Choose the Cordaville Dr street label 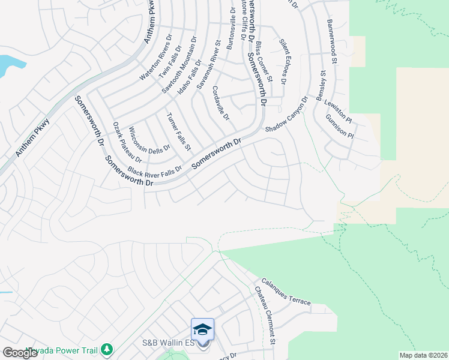(x=221, y=103)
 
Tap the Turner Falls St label (x=179, y=131)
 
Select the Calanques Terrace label (x=286, y=292)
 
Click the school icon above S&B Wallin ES (x=202, y=329)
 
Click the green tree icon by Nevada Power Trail (x=107, y=349)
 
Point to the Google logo (x=20, y=353)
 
